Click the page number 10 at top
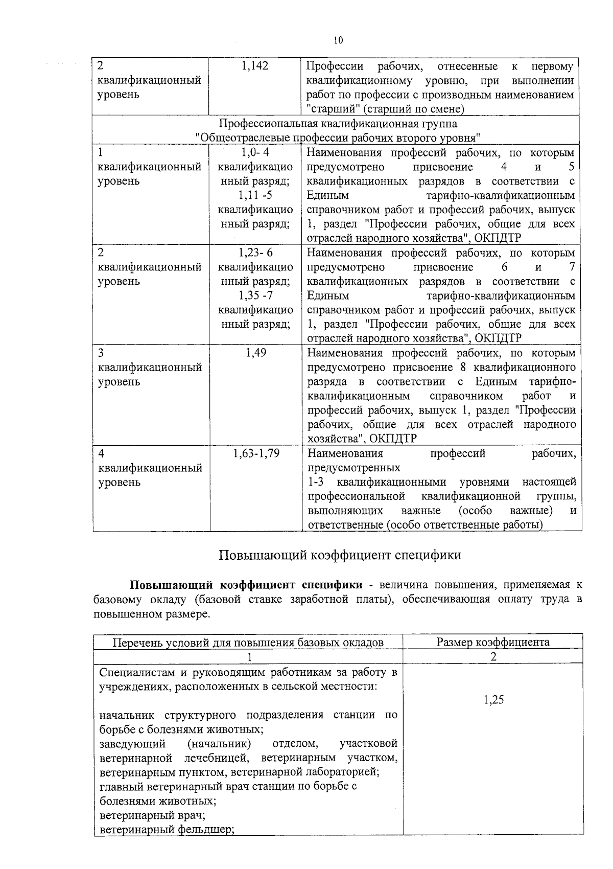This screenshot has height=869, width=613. point(338,40)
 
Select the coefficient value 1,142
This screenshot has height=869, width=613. point(255,66)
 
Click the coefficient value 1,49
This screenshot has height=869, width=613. point(255,353)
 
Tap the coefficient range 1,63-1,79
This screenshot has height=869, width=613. point(256,453)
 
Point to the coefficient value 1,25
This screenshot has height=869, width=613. point(493,700)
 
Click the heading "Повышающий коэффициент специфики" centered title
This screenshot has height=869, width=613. point(340,555)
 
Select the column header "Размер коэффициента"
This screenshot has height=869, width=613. point(493,642)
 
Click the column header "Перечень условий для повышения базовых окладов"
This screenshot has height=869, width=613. point(248,643)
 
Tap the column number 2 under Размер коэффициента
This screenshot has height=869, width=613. point(493,656)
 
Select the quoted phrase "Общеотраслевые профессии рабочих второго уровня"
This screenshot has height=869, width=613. point(338,138)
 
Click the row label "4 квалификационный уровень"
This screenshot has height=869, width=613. point(150,468)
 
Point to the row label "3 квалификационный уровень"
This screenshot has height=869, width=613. point(150,367)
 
